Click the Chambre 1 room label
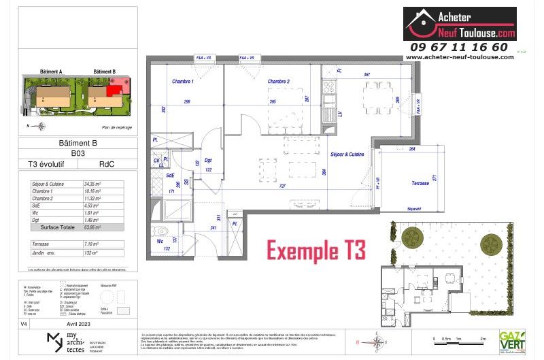tap(182, 82)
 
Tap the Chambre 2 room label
tap(279, 82)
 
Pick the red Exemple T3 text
tap(316, 250)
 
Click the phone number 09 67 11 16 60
tap(458, 47)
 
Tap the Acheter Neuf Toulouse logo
tap(460, 24)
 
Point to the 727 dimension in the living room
tap(282, 186)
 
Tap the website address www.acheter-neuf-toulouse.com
tap(460, 58)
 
